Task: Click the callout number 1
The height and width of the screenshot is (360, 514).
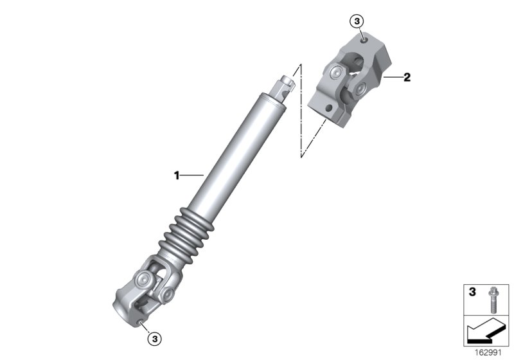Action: pyautogui.click(x=176, y=174)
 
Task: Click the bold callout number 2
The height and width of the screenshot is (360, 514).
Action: pyautogui.click(x=407, y=78)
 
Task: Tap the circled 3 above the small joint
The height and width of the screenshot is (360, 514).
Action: pyautogui.click(x=357, y=22)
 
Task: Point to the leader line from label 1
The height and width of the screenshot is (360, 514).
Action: pyautogui.click(x=191, y=174)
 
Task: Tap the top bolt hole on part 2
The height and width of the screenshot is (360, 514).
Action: pyautogui.click(x=365, y=40)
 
